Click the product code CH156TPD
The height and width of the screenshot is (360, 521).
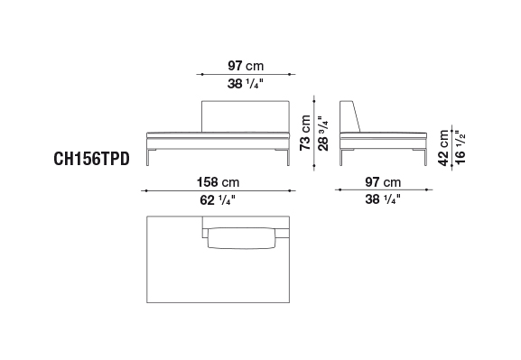pyautogui.click(x=91, y=159)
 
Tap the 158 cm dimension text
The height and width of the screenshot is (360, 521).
pyautogui.click(x=218, y=182)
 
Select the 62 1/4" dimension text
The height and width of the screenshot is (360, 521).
pyautogui.click(x=218, y=200)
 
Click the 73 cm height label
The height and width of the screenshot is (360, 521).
pyautogui.click(x=305, y=133)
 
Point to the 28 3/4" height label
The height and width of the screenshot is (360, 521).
pyautogui.click(x=323, y=134)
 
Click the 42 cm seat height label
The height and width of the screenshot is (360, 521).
pyautogui.click(x=443, y=148)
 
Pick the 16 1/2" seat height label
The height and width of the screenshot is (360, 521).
pyautogui.click(x=461, y=147)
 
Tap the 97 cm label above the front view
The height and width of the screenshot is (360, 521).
pyautogui.click(x=246, y=66)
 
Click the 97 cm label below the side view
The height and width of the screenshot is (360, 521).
pyautogui.click(x=383, y=182)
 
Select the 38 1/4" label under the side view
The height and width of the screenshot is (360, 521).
pyautogui.click(x=383, y=199)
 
